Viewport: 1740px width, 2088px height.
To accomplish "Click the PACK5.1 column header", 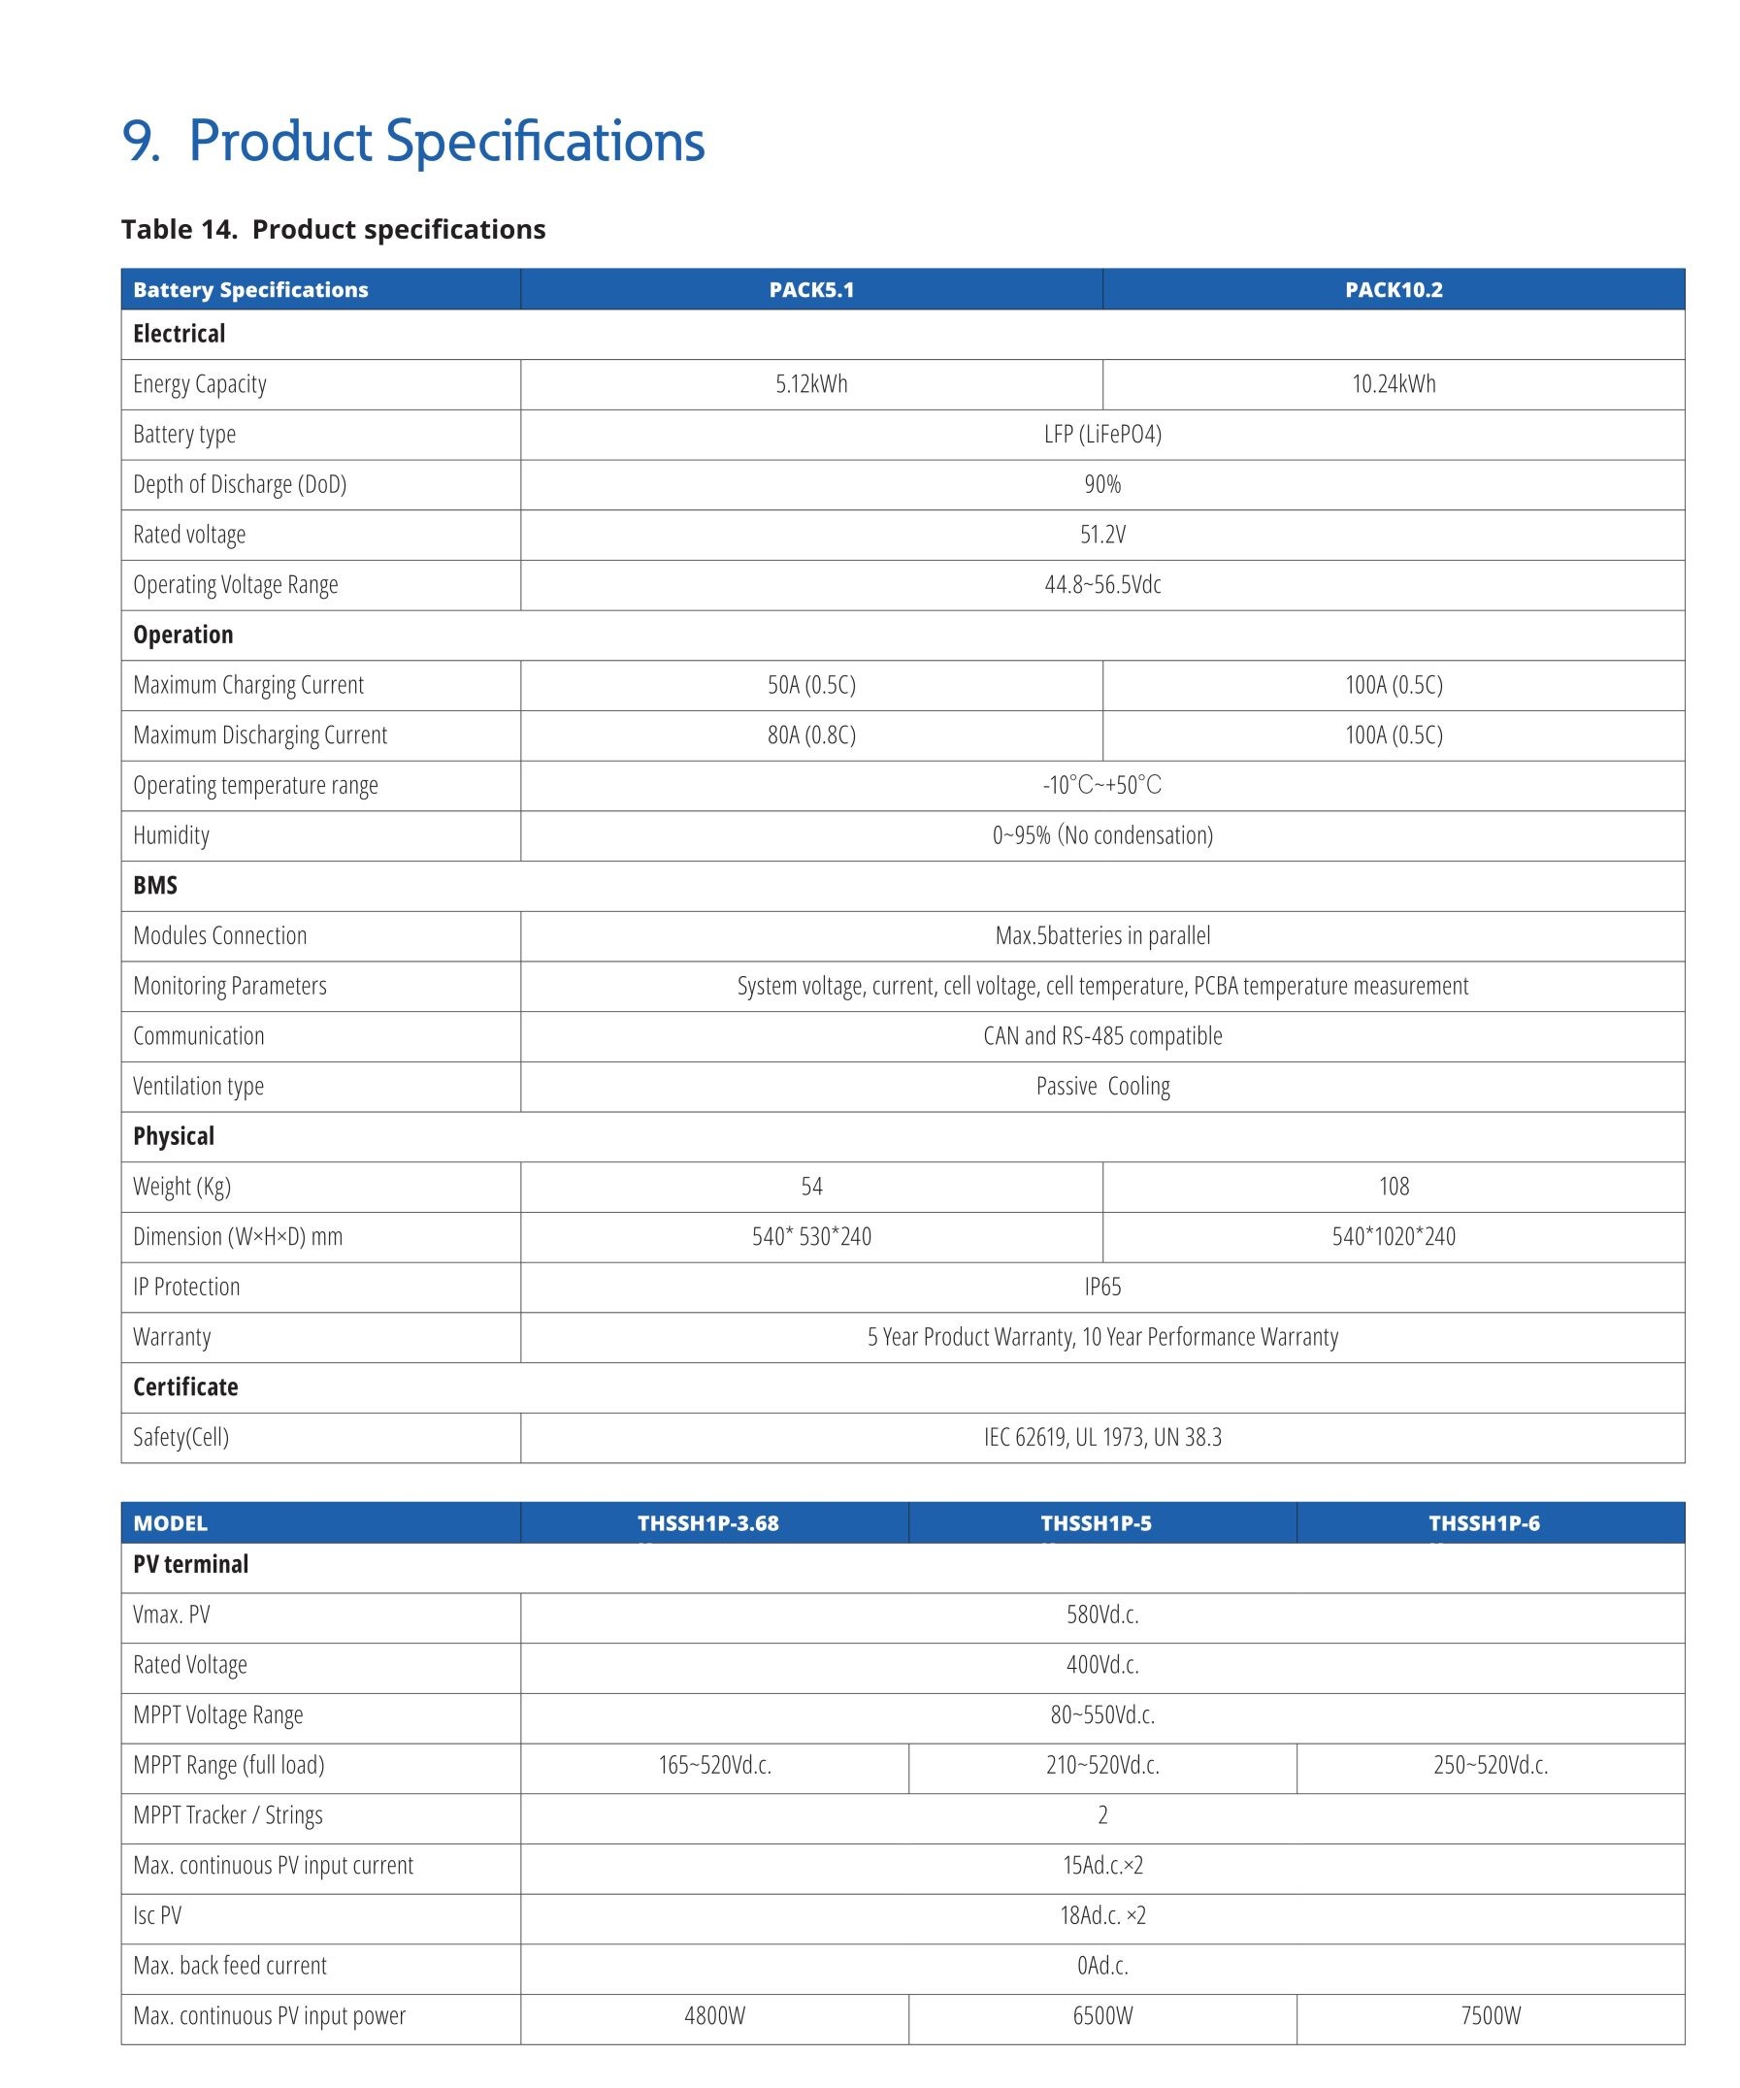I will [x=810, y=289].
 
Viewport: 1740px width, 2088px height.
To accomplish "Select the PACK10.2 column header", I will [x=1393, y=289].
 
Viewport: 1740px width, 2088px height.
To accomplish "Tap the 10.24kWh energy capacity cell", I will [x=1393, y=384].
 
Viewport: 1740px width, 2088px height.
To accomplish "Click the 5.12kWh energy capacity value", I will [x=811, y=384].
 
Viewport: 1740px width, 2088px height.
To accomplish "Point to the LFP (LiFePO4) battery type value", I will [x=1101, y=435].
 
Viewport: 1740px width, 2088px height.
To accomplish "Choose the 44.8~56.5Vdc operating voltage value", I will [x=1101, y=585].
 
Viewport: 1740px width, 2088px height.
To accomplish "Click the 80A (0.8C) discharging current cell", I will [x=811, y=734].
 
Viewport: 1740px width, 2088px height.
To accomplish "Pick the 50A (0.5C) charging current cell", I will [x=811, y=685].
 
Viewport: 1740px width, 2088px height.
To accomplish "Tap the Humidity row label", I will [x=171, y=835].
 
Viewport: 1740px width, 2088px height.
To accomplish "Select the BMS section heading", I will [x=155, y=885].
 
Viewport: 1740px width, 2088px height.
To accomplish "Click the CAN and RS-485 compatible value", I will [x=1101, y=1036].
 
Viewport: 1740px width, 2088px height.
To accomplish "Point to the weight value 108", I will [x=1393, y=1187].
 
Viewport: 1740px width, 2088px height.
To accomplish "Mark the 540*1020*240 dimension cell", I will [x=1393, y=1237].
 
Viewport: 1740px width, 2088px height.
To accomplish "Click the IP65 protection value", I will [x=1101, y=1287].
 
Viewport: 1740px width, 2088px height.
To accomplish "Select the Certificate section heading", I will [x=186, y=1387].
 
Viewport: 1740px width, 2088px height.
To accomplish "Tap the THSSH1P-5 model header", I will [x=1096, y=1523].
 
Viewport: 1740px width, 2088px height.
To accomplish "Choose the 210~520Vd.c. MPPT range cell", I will [x=1101, y=1765].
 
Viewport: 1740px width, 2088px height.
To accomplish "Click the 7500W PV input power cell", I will [x=1490, y=2015].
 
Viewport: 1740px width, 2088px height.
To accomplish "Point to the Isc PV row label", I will [x=157, y=1915].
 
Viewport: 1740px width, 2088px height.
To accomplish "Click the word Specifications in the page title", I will [x=544, y=142].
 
